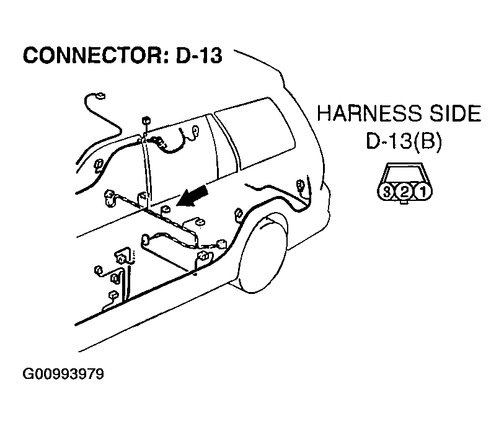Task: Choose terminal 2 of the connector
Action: (404, 191)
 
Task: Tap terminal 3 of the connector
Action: (387, 191)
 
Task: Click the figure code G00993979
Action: (63, 375)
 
